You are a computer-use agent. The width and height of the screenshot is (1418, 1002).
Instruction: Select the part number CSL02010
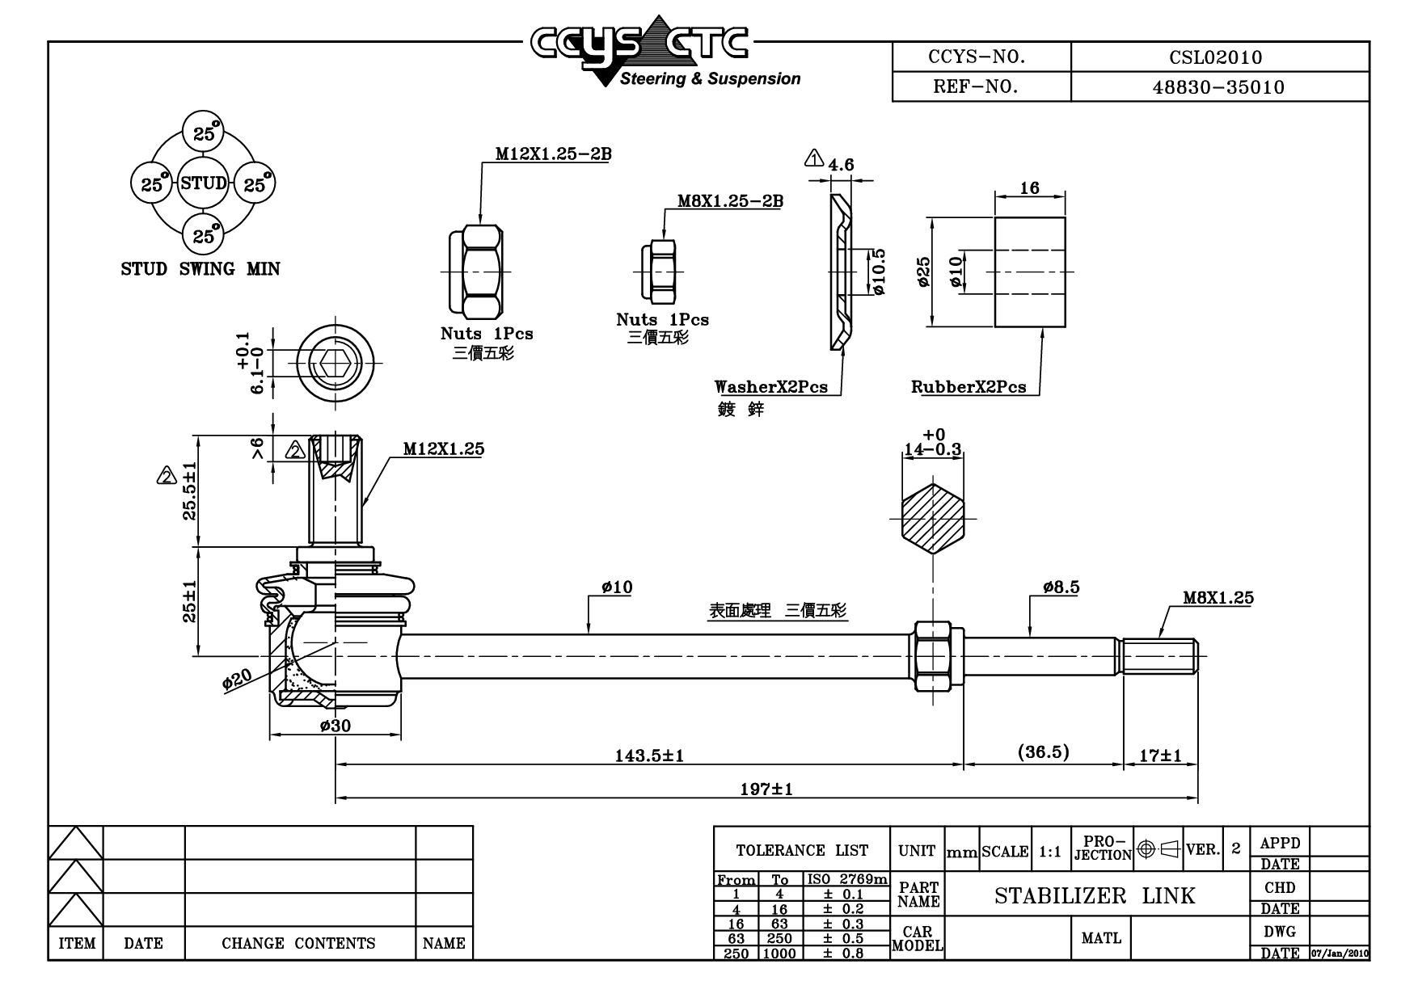tap(1215, 57)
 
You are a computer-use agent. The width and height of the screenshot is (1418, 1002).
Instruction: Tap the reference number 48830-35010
tap(1218, 87)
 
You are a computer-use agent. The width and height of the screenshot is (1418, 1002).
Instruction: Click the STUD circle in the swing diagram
tap(204, 183)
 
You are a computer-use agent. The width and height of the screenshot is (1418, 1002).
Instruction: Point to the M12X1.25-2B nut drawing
tap(477, 271)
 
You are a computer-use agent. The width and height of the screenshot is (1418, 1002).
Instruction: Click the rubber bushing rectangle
tap(1030, 272)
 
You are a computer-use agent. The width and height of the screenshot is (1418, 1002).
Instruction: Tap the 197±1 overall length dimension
tap(766, 789)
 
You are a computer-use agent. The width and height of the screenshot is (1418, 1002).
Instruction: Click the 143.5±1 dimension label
tap(649, 756)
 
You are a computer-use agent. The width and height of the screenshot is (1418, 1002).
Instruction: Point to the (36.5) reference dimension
tap(1043, 752)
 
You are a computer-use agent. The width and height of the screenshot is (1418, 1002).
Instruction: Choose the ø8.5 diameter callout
tap(1061, 587)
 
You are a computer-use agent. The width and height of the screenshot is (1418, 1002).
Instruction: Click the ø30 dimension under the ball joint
tap(336, 726)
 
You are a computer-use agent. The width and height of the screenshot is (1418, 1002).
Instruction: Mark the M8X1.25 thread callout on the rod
tap(1218, 598)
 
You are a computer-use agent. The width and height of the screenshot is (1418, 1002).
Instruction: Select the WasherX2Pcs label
tap(771, 387)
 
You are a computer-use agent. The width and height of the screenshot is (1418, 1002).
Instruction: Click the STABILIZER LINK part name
tap(1095, 895)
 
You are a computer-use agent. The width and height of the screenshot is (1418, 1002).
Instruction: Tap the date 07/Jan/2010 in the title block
tap(1340, 954)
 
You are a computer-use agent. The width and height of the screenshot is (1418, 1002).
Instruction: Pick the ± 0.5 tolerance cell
tap(843, 938)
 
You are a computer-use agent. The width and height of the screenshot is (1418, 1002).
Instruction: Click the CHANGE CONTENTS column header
tap(298, 943)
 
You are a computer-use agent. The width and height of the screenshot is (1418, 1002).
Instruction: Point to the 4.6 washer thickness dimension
tap(841, 165)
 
